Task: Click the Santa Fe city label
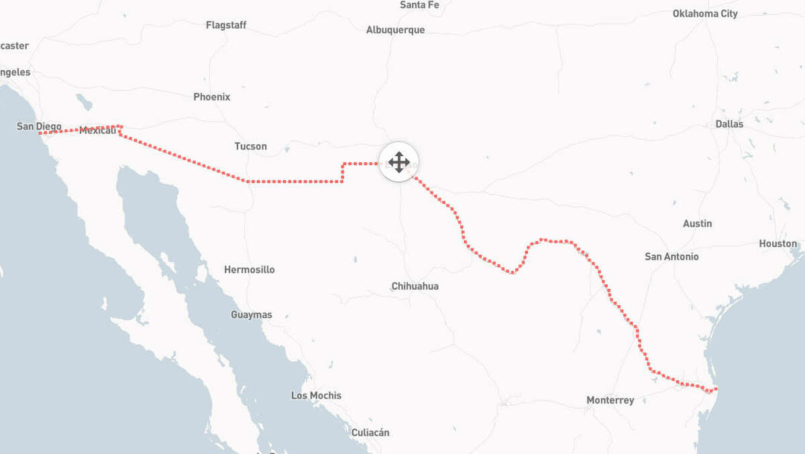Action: (x=419, y=5)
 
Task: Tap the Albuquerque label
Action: (x=395, y=30)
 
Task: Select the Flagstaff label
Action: (x=226, y=25)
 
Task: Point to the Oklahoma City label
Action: (x=705, y=14)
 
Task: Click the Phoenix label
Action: (x=211, y=97)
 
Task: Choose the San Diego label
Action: (x=39, y=126)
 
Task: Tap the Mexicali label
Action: (x=98, y=131)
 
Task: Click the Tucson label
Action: (x=250, y=146)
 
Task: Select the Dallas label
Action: (x=729, y=124)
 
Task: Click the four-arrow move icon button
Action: (x=399, y=162)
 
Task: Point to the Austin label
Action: (x=697, y=224)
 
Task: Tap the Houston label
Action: (x=777, y=244)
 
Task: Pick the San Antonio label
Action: (x=672, y=257)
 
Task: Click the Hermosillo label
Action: (x=249, y=270)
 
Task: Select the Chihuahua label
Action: (x=415, y=286)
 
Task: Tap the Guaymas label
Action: (x=252, y=315)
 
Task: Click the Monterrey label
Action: (x=610, y=400)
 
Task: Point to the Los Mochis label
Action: (x=316, y=396)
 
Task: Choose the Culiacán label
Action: (x=370, y=433)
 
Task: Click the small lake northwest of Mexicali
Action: (x=85, y=102)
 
